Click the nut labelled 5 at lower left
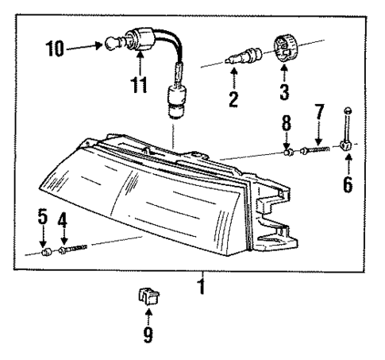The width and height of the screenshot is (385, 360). click(45, 254)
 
